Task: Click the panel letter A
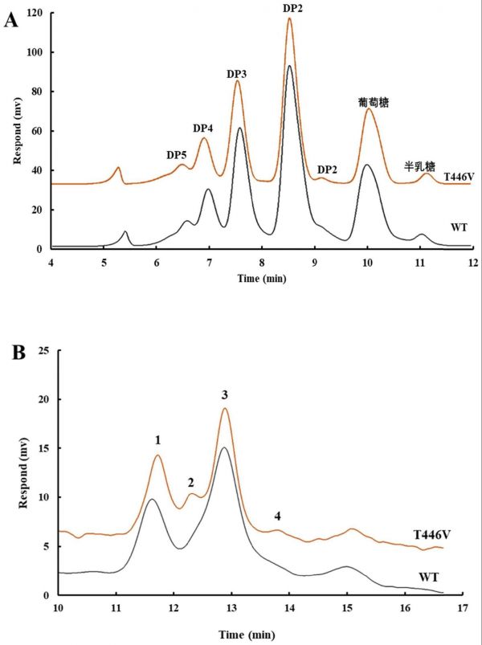pos(10,20)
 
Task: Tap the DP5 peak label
pos(177,154)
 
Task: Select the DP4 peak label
pos(204,129)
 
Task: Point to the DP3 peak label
pos(237,75)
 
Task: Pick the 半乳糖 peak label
pos(417,166)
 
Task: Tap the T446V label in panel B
pos(431,535)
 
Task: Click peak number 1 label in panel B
pos(158,440)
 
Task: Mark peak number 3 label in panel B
pos(226,394)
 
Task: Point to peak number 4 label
pos(277,515)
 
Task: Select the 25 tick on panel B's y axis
pos(45,351)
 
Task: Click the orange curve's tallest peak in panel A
pos(290,19)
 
